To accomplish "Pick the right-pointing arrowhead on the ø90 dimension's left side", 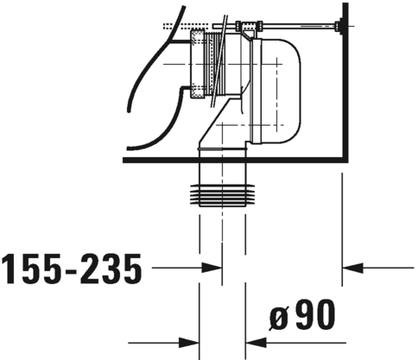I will click(191, 339).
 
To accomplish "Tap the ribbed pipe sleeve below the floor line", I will click(224, 196).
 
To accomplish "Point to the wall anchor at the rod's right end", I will click(343, 28).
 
